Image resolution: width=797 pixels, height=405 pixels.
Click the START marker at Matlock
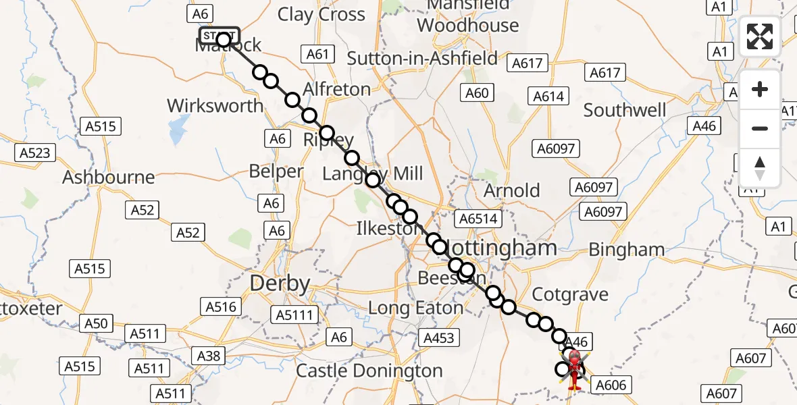point(219,35)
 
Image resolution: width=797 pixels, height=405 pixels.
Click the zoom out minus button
point(760,128)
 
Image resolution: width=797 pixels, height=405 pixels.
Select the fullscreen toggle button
point(760,36)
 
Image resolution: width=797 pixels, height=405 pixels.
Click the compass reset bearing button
point(760,167)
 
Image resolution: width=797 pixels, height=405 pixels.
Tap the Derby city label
point(280,283)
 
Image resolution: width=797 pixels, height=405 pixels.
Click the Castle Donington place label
point(369,371)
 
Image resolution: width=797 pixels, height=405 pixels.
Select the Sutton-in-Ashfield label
point(422,59)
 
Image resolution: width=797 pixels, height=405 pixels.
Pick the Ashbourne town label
point(108,178)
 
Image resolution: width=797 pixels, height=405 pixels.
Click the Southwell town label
point(625,110)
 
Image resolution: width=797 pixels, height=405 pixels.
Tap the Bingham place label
point(627,250)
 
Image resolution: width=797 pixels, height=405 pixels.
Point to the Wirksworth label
point(215,106)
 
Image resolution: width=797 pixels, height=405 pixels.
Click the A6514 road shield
point(478,219)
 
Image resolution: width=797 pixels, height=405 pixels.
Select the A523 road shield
point(34,153)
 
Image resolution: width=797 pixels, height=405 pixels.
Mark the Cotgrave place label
point(570,295)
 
